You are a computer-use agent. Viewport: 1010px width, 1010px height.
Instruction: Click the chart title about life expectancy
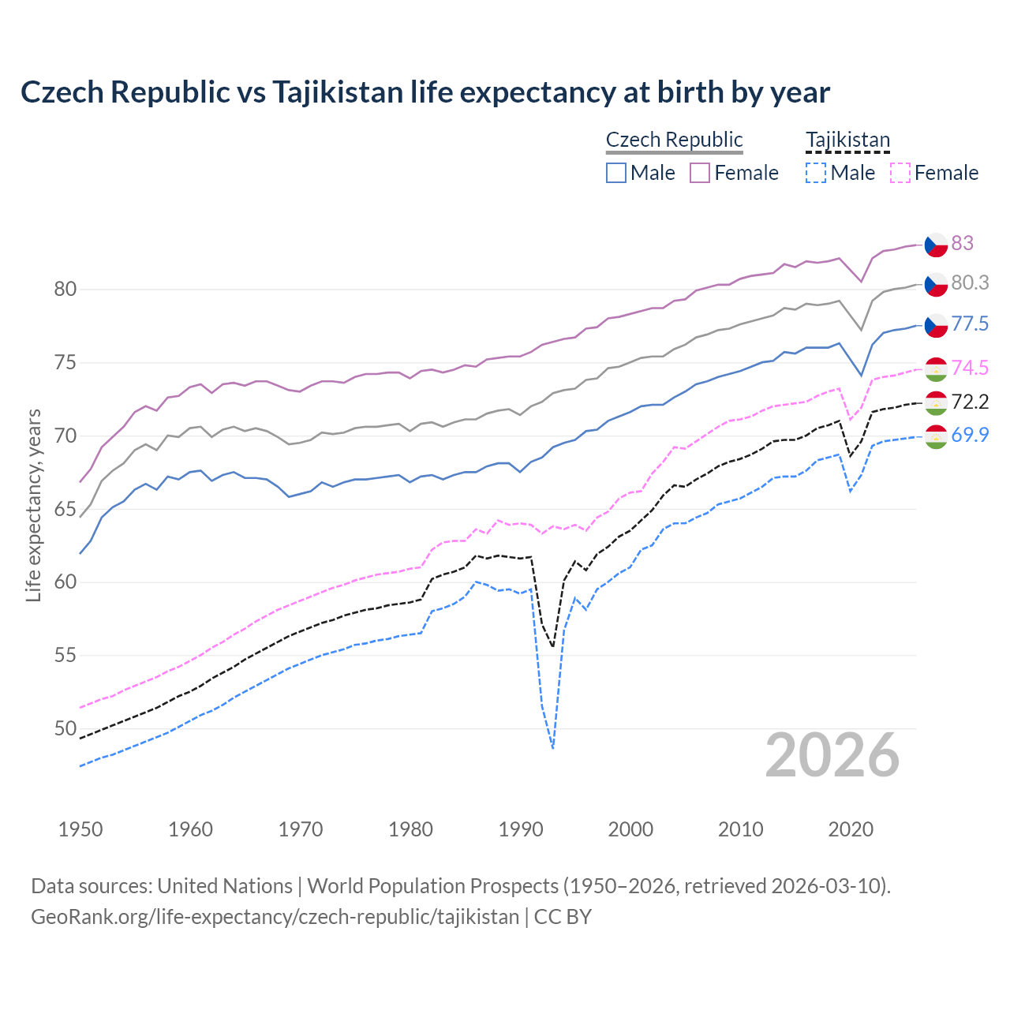pos(425,92)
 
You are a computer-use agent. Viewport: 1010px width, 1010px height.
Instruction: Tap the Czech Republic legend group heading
pos(674,140)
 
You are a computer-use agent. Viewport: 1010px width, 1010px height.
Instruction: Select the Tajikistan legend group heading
pos(847,140)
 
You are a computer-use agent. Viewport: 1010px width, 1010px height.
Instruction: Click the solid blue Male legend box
pos(616,173)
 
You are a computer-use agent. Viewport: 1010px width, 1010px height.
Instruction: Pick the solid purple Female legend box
pos(700,173)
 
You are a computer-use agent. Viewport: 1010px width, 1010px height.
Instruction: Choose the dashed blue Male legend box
pos(816,173)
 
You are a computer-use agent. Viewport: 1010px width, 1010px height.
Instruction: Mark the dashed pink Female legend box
pos(900,173)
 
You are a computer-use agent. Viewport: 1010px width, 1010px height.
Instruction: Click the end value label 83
pos(962,243)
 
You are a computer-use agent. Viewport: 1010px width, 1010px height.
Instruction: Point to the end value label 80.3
pos(970,282)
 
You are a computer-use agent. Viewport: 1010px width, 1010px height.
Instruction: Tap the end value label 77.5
pos(970,324)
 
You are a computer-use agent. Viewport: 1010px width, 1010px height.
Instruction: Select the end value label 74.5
pos(970,368)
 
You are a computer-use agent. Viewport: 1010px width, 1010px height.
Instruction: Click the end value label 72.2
pos(970,402)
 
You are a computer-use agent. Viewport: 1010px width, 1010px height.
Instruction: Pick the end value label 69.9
pos(970,435)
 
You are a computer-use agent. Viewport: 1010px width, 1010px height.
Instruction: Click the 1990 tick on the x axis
pos(521,829)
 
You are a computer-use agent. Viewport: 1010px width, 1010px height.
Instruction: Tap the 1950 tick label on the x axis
pos(80,829)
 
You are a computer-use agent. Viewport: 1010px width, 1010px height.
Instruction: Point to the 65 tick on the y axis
pos(65,510)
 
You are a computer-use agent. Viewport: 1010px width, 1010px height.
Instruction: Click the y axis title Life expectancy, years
pos(33,505)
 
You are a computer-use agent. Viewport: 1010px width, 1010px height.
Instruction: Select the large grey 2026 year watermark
pos(832,755)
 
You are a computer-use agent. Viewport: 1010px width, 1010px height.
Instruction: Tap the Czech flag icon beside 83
pos(935,245)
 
